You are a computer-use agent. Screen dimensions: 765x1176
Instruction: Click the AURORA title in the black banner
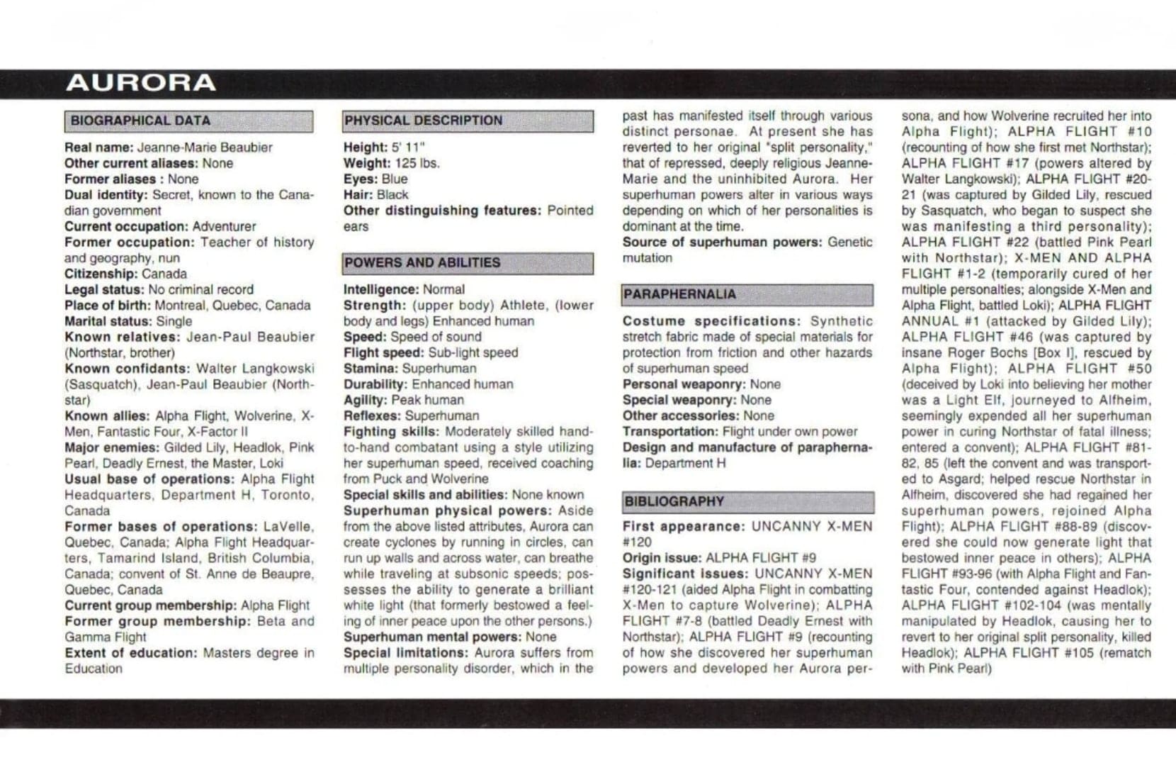tap(140, 83)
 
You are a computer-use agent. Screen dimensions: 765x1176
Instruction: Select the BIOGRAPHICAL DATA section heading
tap(140, 121)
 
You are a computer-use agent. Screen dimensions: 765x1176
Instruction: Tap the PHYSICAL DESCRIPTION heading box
tap(423, 121)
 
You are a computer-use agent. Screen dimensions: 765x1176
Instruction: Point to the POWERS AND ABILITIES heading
tap(422, 262)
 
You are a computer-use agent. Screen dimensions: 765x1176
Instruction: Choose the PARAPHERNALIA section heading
tap(679, 294)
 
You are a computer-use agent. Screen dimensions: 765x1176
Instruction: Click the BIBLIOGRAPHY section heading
tap(674, 502)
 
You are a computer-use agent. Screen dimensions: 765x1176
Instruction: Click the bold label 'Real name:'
tap(98, 147)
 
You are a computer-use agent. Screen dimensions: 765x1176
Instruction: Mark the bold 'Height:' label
tap(366, 147)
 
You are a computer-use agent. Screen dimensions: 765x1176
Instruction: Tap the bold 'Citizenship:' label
tap(101, 274)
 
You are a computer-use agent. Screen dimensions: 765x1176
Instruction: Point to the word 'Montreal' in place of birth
tap(180, 306)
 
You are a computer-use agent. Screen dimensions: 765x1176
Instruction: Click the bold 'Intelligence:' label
tap(381, 289)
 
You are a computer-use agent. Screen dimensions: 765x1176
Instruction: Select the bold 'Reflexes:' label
tap(372, 416)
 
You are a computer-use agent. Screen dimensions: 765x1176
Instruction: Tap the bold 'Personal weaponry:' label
tap(684, 384)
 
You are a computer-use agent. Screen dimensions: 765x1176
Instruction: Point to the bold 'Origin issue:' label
tap(662, 558)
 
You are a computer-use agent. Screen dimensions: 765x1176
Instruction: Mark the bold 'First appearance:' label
tap(684, 527)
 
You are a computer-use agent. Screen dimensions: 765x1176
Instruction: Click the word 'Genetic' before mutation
tap(849, 242)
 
